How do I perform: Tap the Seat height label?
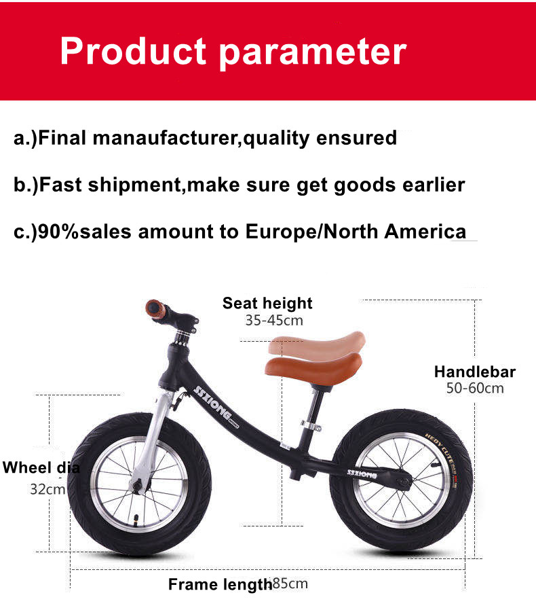267,303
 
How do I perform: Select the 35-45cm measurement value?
274,320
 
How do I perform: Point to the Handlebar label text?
475,372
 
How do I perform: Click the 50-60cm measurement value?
475,389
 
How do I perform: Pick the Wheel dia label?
41,467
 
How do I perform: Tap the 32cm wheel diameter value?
47,488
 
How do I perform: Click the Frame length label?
220,584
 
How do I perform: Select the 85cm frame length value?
290,584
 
